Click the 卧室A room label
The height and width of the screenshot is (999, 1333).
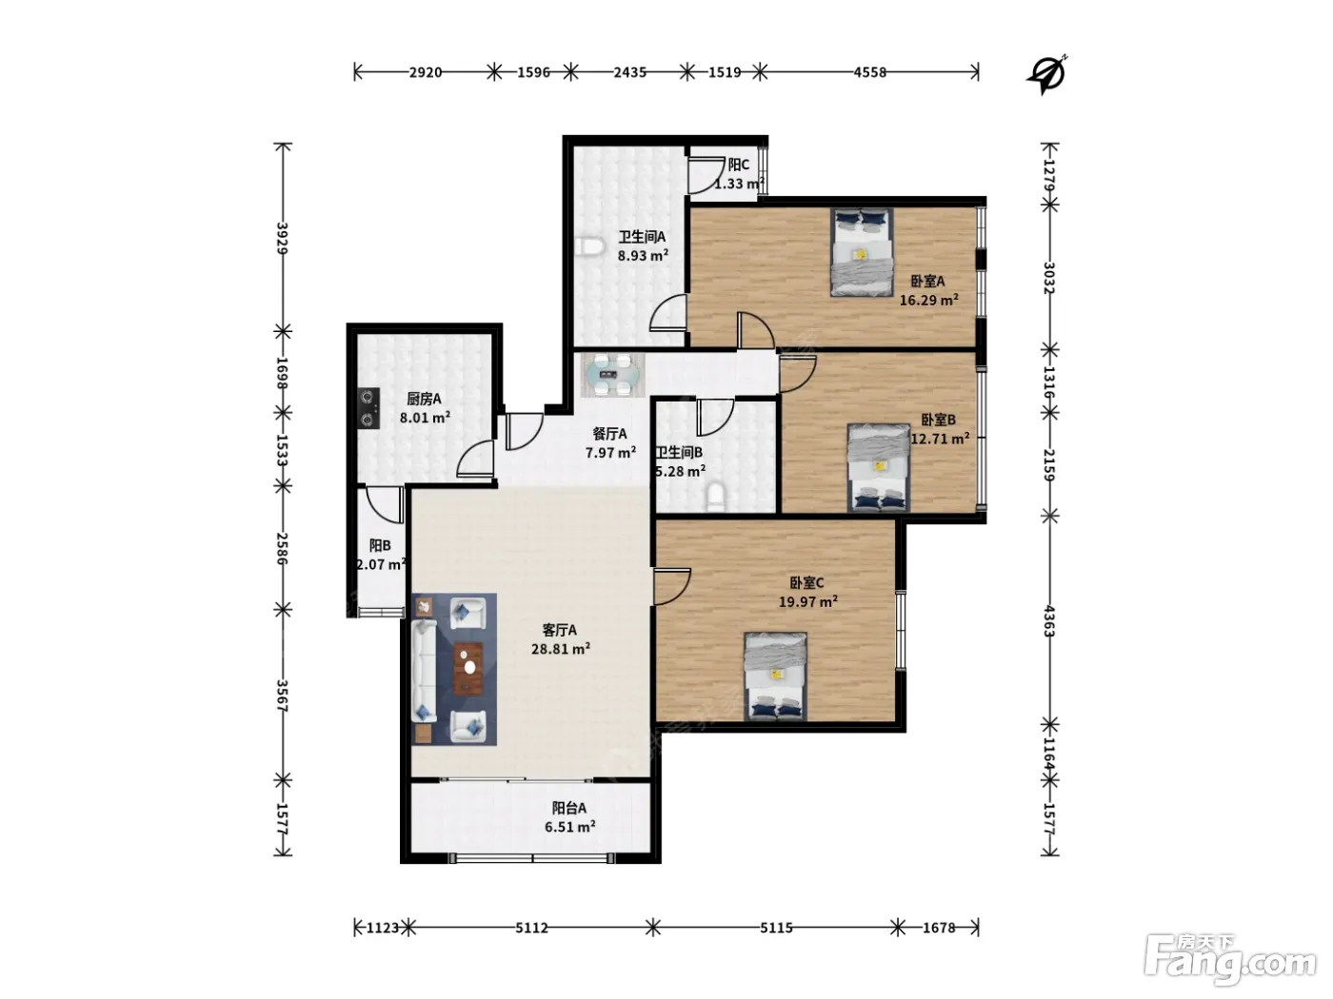click(x=926, y=281)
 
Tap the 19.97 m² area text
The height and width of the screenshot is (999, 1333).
click(x=807, y=601)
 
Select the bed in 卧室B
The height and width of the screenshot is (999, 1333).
click(x=878, y=468)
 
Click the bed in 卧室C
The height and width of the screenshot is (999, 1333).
click(x=775, y=676)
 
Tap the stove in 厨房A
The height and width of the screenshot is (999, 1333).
click(x=368, y=408)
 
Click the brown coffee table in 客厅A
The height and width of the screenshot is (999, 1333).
click(x=468, y=669)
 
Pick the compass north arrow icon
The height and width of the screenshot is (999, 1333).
click(x=1047, y=74)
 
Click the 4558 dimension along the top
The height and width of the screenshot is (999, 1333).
click(x=869, y=72)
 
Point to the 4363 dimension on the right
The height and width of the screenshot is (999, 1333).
click(x=1049, y=621)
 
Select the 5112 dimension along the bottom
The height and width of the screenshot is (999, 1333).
click(x=531, y=928)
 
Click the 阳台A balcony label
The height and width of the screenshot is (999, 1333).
click(x=569, y=808)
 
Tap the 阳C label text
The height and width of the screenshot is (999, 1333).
click(x=739, y=165)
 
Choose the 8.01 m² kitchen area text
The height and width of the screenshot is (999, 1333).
click(x=425, y=418)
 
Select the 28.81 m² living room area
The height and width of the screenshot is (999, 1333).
click(x=561, y=649)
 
